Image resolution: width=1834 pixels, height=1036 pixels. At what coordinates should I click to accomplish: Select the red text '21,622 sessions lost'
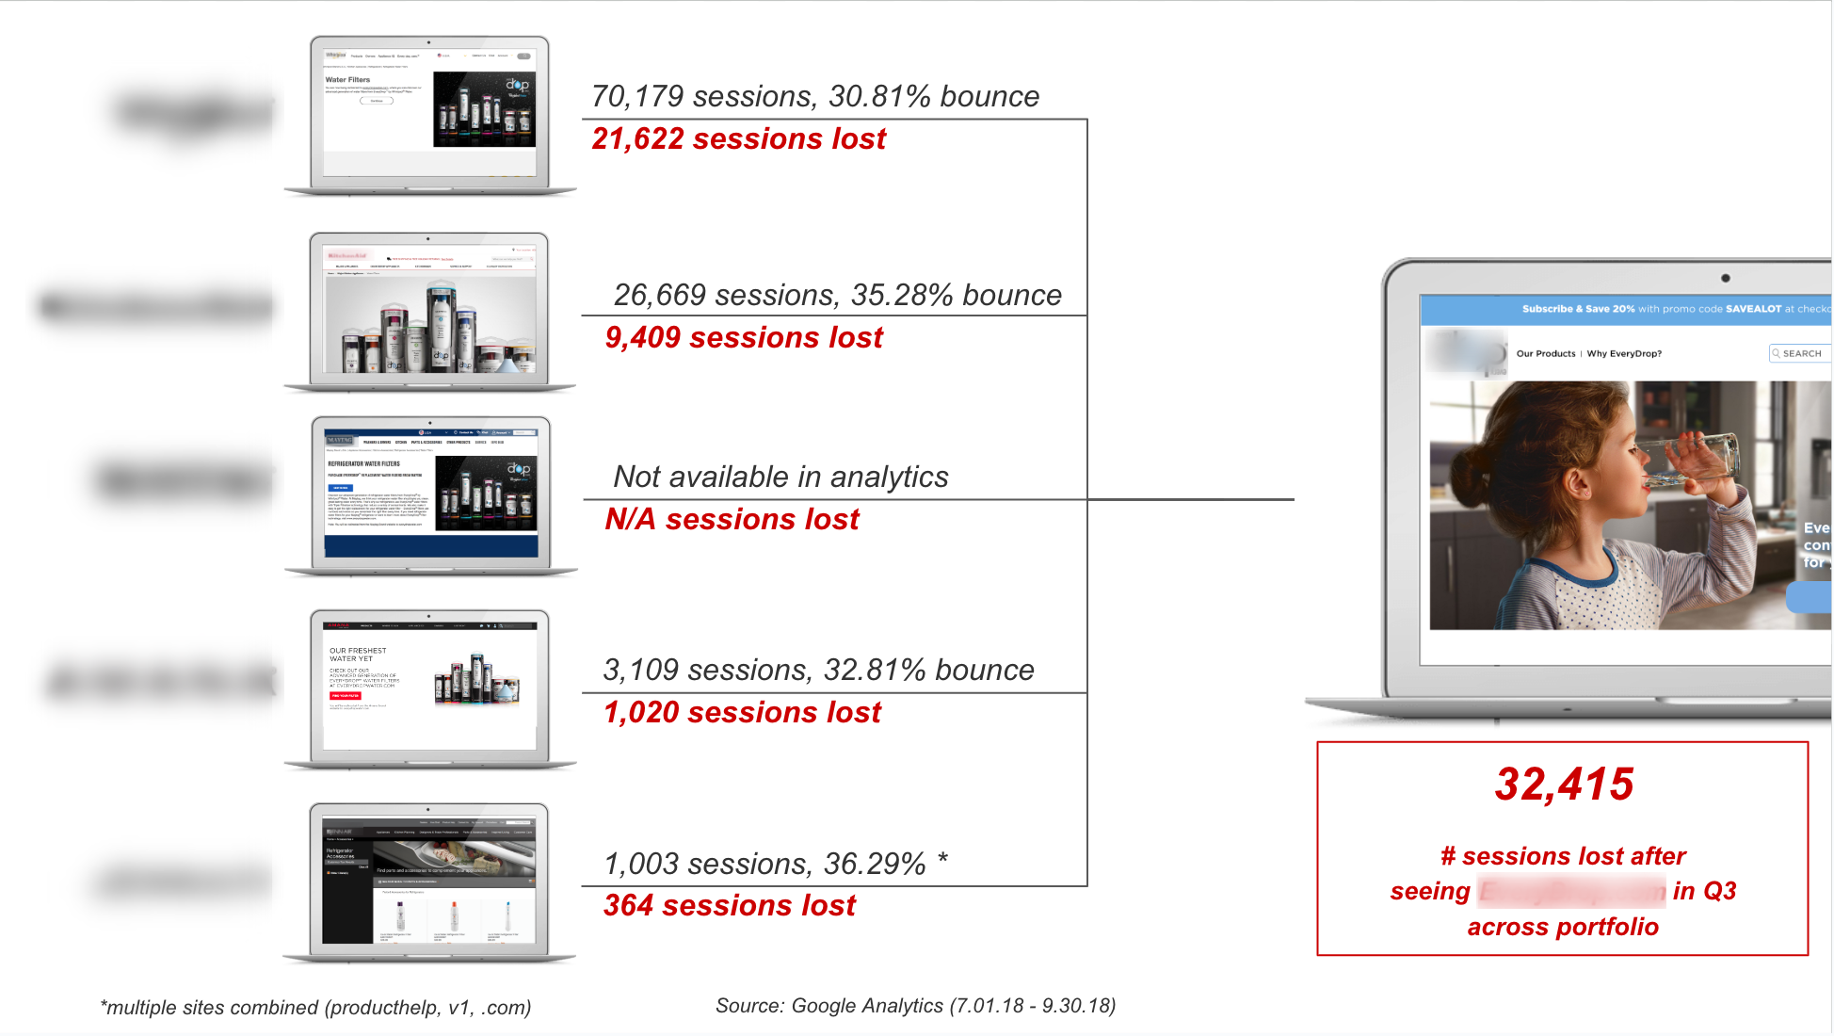pyautogui.click(x=738, y=139)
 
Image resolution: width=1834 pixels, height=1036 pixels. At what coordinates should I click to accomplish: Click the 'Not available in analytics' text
pyautogui.click(x=780, y=478)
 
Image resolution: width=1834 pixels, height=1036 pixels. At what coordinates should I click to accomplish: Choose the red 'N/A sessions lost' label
pyautogui.click(x=732, y=520)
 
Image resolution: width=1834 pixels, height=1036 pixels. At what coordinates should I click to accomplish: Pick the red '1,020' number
pyautogui.click(x=641, y=713)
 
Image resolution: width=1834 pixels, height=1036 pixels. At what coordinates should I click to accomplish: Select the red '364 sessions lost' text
pyautogui.click(x=730, y=906)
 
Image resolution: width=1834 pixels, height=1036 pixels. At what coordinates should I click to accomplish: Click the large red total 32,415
pyautogui.click(x=1564, y=785)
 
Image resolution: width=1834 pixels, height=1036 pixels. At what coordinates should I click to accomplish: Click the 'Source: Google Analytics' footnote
pyautogui.click(x=915, y=1006)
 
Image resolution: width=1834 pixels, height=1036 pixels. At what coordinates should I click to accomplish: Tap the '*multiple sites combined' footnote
pyautogui.click(x=315, y=1008)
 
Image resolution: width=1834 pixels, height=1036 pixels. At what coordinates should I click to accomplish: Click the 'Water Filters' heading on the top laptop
pyautogui.click(x=347, y=80)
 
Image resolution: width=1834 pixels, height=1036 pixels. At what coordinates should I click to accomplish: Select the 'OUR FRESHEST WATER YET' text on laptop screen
pyautogui.click(x=358, y=655)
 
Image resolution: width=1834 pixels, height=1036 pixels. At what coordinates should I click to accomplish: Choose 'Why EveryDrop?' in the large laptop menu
pyautogui.click(x=1624, y=354)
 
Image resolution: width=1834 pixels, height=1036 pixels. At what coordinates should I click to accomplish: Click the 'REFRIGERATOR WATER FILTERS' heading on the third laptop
pyautogui.click(x=363, y=463)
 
